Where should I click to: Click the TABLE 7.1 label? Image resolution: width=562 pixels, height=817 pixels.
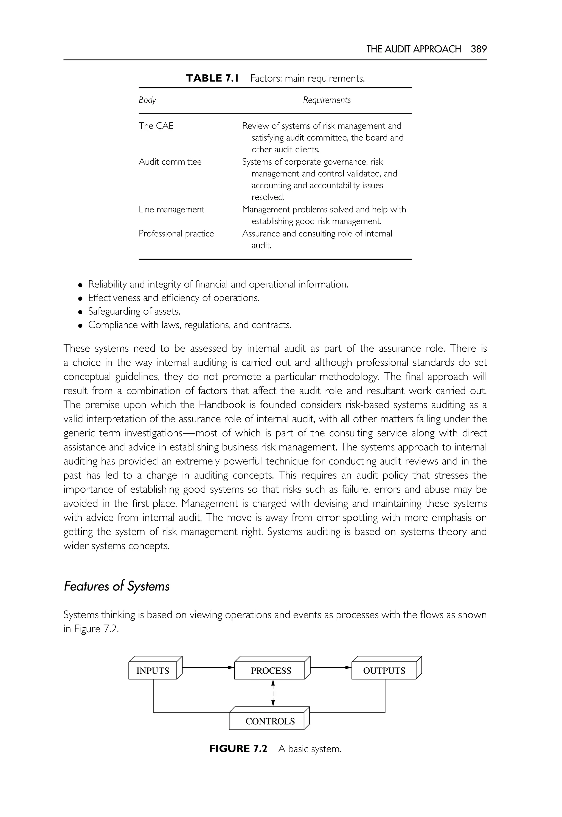click(212, 78)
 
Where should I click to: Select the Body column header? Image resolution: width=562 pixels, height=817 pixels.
click(147, 100)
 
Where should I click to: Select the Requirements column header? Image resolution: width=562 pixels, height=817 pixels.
click(327, 100)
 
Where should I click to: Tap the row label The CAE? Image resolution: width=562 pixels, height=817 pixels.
click(156, 126)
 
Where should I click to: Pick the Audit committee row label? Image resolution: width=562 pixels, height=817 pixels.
click(170, 162)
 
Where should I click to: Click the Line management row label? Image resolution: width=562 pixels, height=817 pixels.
click(171, 209)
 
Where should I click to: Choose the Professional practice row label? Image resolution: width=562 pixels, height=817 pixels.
click(176, 234)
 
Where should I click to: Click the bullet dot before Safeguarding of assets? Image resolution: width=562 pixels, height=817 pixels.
click(81, 312)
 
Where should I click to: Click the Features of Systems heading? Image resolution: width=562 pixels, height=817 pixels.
click(117, 586)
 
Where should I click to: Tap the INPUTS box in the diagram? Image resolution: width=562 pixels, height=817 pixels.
click(153, 670)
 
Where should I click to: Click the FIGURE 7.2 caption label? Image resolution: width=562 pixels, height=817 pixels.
click(238, 749)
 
